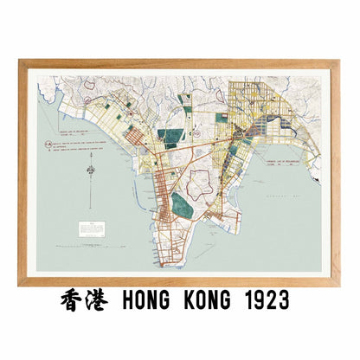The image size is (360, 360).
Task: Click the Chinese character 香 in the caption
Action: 74,300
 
